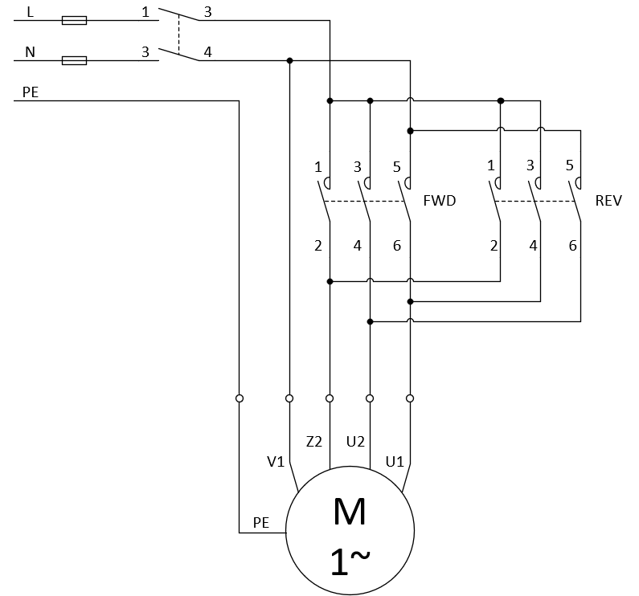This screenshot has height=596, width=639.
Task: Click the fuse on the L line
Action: click(74, 20)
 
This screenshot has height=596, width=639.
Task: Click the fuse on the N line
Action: click(74, 61)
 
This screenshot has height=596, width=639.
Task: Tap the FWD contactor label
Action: click(440, 201)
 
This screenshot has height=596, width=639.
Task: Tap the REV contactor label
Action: click(608, 201)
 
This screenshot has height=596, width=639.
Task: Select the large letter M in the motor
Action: click(350, 512)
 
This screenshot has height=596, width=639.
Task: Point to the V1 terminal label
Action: click(276, 462)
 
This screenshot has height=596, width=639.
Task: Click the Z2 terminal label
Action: click(313, 442)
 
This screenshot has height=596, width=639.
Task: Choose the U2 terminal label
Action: click(355, 442)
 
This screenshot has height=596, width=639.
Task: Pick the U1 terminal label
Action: click(395, 462)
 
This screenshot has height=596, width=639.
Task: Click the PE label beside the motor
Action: click(261, 523)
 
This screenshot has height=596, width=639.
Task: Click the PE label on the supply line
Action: click(31, 92)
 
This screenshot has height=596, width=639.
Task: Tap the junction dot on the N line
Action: click(289, 61)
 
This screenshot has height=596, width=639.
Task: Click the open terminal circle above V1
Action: click(289, 398)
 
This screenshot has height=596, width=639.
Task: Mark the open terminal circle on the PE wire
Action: click(240, 398)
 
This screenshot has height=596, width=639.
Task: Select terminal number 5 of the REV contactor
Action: click(570, 165)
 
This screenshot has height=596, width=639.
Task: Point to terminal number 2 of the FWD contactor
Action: click(318, 246)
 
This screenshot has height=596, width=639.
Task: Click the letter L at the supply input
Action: click(31, 12)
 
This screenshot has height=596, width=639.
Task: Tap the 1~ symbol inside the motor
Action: click(350, 561)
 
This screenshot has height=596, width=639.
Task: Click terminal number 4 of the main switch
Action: click(208, 52)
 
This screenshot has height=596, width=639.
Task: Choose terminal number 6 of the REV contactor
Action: click(572, 246)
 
